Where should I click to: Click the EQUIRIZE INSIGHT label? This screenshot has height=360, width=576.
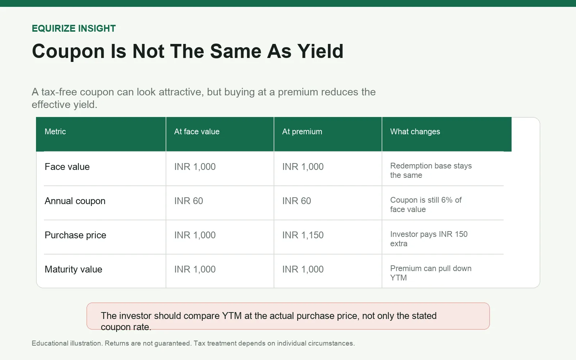74,28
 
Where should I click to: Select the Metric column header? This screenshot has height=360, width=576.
55,132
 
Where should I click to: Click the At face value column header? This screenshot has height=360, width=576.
197,132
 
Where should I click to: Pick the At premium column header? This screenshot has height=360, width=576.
302,132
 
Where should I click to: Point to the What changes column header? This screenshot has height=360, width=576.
415,132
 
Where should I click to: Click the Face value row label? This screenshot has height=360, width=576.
67,167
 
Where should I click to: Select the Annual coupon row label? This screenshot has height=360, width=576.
75,201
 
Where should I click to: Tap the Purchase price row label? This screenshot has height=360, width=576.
75,235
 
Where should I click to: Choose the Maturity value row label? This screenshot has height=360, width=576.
73,269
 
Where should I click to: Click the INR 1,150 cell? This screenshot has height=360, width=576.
303,235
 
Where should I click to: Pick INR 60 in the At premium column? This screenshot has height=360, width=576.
297,201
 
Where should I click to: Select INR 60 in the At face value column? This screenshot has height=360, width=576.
189,201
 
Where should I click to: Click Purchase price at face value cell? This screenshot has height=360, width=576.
195,235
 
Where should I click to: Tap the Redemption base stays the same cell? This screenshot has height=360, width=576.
431,170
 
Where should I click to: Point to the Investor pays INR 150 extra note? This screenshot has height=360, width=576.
429,239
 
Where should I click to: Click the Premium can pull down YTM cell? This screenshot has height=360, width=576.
431,273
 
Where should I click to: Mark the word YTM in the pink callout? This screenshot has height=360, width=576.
232,316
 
